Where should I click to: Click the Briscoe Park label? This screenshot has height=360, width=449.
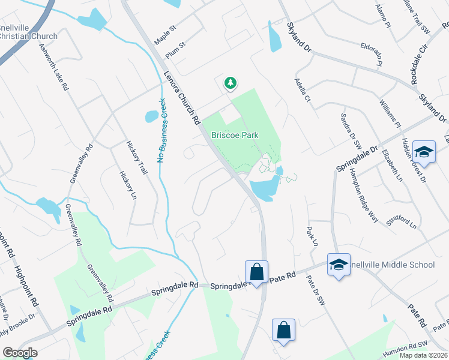coord(235,135)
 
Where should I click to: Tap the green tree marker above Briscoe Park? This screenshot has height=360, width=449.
coord(230,83)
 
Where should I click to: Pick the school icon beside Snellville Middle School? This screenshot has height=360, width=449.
coord(339,264)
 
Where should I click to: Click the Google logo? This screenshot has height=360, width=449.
coord(20,353)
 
